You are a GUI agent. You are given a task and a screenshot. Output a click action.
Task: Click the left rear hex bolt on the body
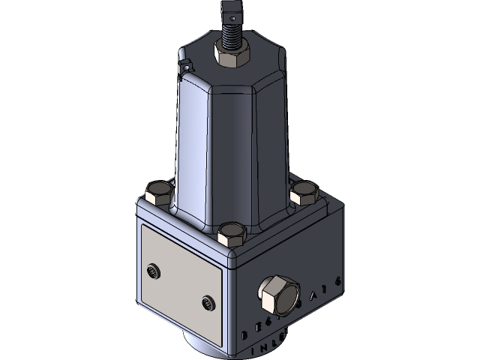158,194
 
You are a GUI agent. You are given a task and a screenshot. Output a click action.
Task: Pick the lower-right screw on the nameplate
208,303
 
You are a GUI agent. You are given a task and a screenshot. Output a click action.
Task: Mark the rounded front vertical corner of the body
232,300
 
